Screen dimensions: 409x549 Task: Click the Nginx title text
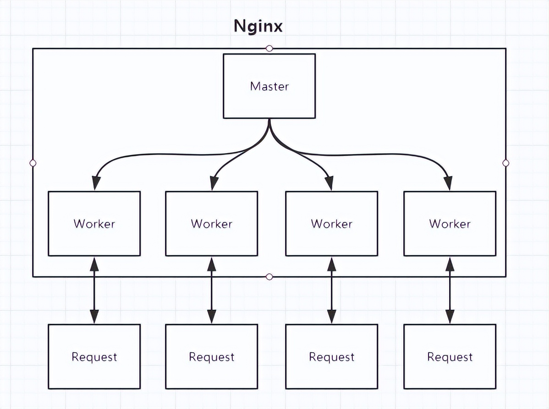point(258,26)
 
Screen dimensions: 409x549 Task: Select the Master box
point(269,86)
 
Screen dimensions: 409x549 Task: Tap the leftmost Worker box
point(94,224)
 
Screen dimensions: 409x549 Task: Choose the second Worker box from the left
point(211,224)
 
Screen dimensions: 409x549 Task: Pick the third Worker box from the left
point(331,224)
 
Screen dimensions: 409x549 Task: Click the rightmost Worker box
point(450,224)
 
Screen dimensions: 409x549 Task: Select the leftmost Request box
point(94,357)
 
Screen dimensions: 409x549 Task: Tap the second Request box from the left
point(211,357)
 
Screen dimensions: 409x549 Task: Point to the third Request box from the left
point(331,357)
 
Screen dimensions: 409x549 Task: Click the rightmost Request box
point(450,357)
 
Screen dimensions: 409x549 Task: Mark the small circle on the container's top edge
point(269,48)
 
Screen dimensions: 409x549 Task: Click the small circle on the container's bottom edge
point(269,276)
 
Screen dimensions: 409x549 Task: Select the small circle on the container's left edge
point(33,163)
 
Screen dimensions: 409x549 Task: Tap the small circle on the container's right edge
point(506,163)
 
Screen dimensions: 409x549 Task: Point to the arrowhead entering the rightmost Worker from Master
point(448,184)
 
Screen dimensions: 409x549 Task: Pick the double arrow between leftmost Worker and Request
point(94,290)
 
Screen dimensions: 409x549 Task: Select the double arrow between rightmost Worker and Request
point(450,290)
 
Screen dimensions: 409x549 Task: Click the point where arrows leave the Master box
point(269,120)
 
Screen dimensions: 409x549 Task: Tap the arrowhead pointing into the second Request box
point(211,317)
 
